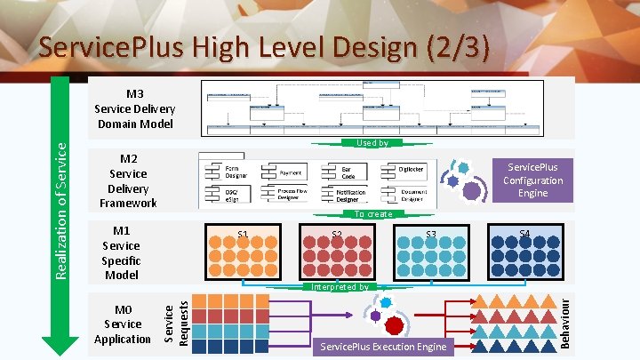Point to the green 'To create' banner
click(373, 214)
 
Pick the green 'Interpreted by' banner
click(340, 286)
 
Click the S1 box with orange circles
click(242, 252)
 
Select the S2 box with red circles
click(337, 252)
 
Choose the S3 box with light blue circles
click(431, 252)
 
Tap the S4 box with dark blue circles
click(524, 252)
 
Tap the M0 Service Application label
click(122, 324)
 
